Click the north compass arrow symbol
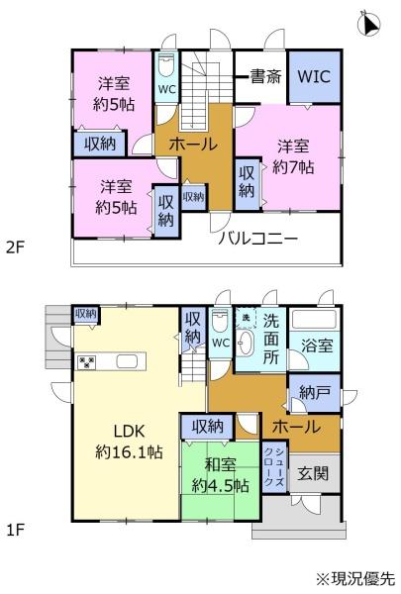pos(369,24)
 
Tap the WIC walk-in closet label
pos(314,76)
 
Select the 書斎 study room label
pos(265,77)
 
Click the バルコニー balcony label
pos(258,239)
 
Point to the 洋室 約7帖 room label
pos(293,156)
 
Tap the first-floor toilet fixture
pos(221,321)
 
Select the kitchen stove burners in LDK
pos(86,362)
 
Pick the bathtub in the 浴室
pos(315,319)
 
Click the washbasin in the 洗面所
pos(246,344)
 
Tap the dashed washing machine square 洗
pos(246,318)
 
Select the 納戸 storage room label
pos(314,393)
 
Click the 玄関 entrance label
pos(313,473)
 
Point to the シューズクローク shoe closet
pos(274,466)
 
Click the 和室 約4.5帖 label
pos(220,475)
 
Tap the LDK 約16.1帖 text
pos(129,442)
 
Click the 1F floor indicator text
pos(16,530)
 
